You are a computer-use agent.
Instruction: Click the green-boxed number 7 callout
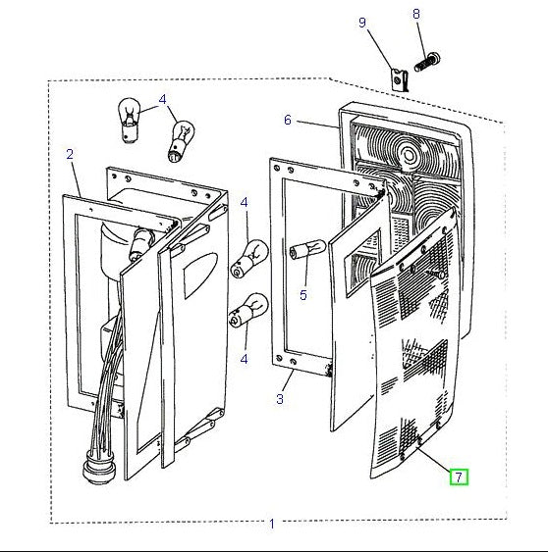point(459,477)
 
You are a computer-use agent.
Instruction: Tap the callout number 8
point(416,14)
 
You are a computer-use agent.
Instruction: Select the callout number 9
point(362,23)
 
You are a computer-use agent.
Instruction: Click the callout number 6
point(288,120)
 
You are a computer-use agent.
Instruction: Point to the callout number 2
point(70,154)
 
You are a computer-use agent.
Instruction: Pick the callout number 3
point(280,399)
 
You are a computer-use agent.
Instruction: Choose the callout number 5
point(303,295)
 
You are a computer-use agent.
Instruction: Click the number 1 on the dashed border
point(272,524)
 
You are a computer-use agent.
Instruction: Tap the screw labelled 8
point(427,61)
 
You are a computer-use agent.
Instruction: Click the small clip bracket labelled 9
point(401,80)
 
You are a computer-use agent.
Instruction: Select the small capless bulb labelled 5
point(307,250)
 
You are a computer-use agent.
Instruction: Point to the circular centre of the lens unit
point(410,154)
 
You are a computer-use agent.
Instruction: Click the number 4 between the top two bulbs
point(162,100)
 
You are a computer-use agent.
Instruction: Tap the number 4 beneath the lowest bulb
point(244,360)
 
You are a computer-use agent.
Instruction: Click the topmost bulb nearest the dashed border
point(129,120)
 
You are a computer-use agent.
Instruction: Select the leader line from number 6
point(317,125)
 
